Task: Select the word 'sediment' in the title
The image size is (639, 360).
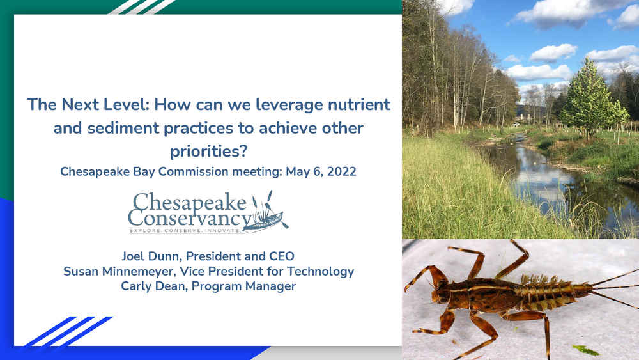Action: click(x=123, y=128)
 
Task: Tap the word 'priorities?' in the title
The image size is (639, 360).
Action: click(x=209, y=152)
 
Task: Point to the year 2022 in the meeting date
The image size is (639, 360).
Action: click(x=341, y=171)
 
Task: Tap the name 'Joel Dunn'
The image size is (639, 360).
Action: click(x=151, y=256)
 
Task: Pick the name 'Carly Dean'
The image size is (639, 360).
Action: click(x=153, y=286)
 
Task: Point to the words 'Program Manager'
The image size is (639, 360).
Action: click(x=243, y=286)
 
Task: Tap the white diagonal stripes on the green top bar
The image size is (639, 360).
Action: click(x=142, y=7)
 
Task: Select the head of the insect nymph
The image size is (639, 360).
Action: click(x=442, y=294)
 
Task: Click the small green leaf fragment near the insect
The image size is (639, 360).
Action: click(x=585, y=350)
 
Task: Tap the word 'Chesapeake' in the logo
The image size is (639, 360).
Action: click(x=190, y=202)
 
